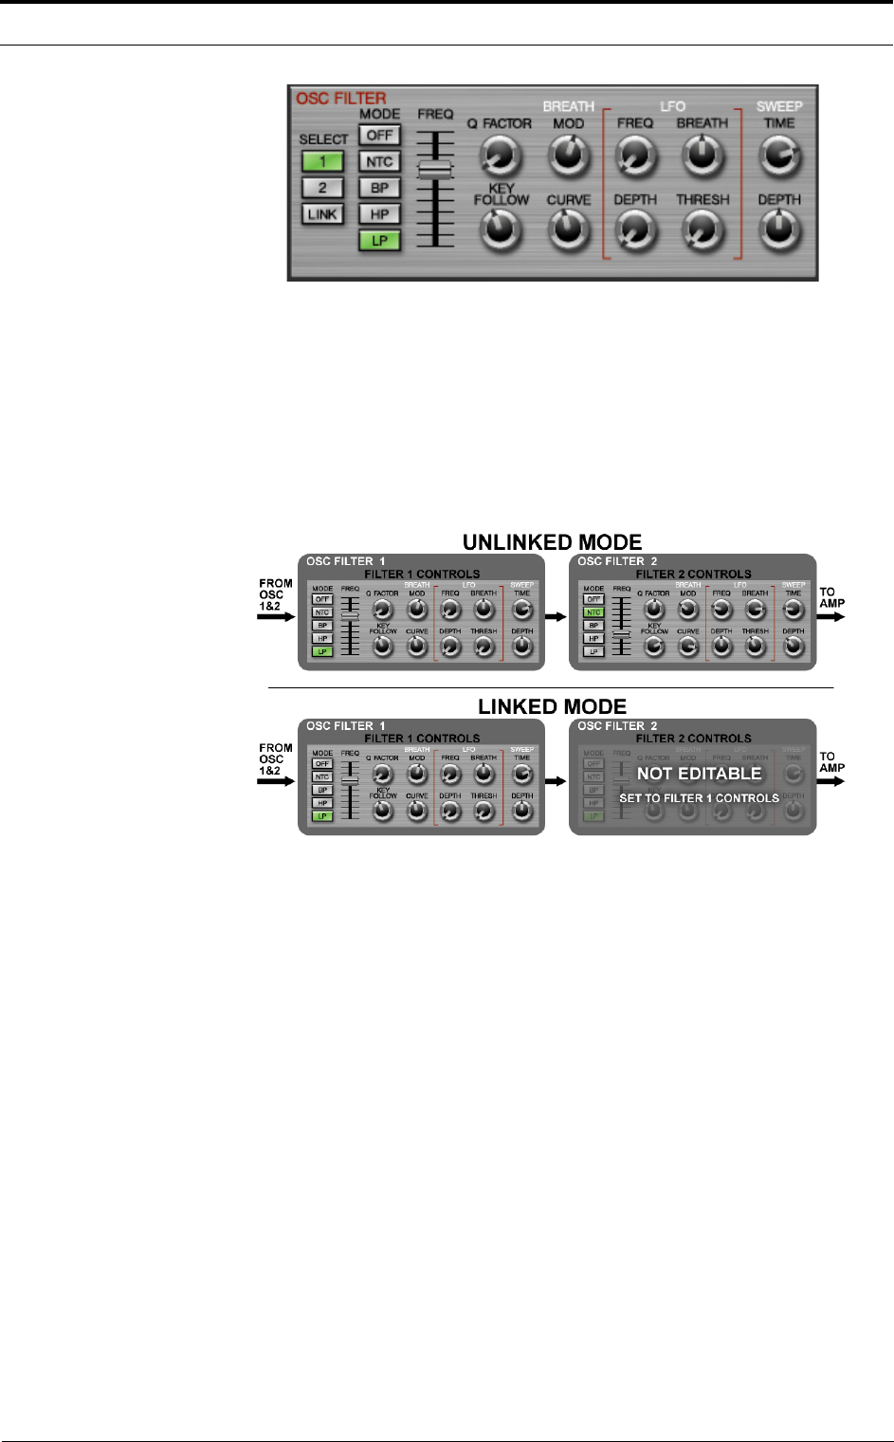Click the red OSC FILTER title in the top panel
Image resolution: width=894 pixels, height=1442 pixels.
click(x=341, y=99)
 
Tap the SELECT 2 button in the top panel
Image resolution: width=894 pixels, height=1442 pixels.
click(x=322, y=188)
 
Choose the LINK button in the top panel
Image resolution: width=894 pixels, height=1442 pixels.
click(x=322, y=214)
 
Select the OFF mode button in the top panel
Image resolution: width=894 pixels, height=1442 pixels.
click(x=379, y=136)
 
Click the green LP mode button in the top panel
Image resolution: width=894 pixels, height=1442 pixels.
click(x=379, y=241)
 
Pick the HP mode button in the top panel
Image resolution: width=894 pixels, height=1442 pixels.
click(x=379, y=214)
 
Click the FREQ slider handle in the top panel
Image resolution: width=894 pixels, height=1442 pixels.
click(x=435, y=169)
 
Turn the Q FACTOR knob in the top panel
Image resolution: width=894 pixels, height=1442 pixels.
click(x=500, y=155)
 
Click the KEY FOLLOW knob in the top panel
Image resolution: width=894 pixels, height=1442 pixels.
click(x=501, y=230)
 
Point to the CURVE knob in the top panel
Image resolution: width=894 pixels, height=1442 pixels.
click(x=568, y=230)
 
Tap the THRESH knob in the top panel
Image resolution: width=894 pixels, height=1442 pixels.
click(x=702, y=230)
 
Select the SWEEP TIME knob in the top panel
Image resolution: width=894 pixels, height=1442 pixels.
click(x=779, y=155)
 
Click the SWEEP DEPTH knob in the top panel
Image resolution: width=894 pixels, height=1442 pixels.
click(x=779, y=230)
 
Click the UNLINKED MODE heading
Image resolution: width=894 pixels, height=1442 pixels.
click(x=552, y=542)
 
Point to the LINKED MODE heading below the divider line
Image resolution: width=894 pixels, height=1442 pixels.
click(x=552, y=707)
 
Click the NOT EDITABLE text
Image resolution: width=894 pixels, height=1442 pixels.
click(x=700, y=774)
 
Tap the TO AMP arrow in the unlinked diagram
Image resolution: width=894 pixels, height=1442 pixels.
click(x=831, y=616)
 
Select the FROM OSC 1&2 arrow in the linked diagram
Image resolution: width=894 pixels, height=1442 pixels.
click(x=276, y=781)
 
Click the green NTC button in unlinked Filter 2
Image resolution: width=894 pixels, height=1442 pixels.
click(x=593, y=612)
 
